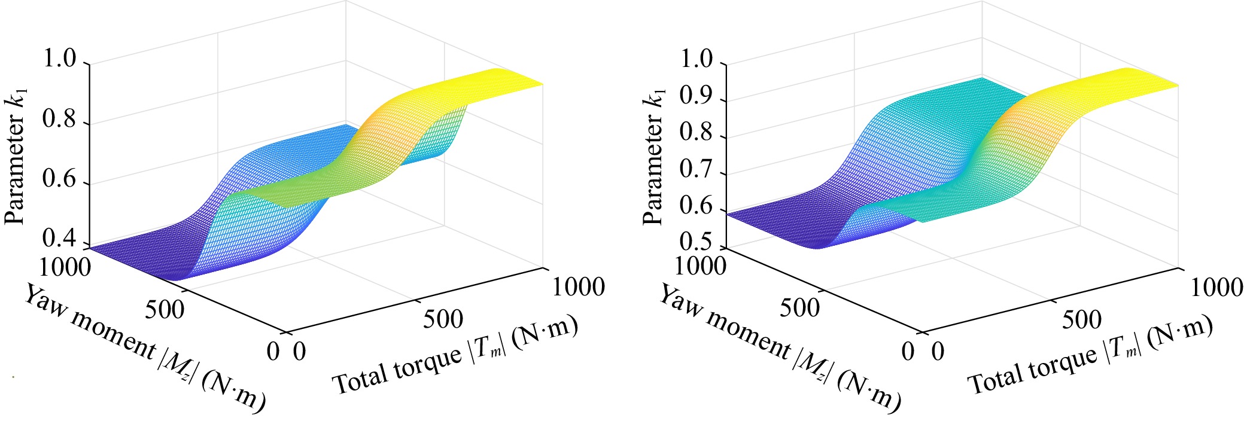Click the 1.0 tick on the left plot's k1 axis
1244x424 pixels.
60,60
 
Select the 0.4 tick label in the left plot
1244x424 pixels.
60,239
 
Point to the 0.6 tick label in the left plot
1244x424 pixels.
60,180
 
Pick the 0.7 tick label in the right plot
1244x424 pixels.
698,170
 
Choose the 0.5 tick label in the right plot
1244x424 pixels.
698,243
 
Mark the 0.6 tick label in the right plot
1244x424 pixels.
698,207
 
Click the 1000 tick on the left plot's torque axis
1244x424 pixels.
578,287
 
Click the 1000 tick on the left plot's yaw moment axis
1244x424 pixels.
65,267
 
